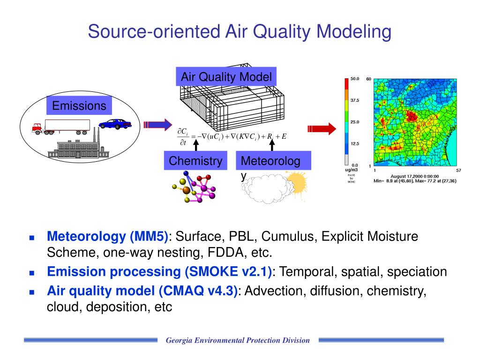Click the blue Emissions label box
click(x=79, y=105)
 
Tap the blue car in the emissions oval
click(x=115, y=124)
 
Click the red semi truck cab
click(x=37, y=128)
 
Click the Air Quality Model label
click(x=226, y=77)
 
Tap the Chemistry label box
click(x=196, y=161)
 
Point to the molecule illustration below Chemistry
click(x=194, y=187)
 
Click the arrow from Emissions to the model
click(x=155, y=125)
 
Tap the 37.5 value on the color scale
click(x=355, y=100)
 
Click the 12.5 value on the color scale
click(x=355, y=144)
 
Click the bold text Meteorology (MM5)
click(x=107, y=236)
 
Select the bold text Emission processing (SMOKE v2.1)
click(x=159, y=272)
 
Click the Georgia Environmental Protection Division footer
click(x=238, y=340)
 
